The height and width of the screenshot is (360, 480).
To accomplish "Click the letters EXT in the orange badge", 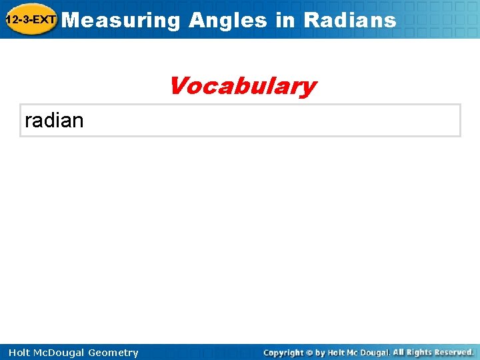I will pos(45,20).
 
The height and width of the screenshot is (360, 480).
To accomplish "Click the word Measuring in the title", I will pos(124,20).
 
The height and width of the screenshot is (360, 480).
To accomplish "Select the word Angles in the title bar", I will pos(228,20).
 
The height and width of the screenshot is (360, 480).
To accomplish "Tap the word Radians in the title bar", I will pos(349,20).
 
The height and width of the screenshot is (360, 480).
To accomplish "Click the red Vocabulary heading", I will pos(242,86).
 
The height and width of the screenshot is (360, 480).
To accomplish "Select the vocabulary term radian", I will pos(54,121).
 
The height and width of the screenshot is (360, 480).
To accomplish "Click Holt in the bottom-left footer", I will pos(20,353).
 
